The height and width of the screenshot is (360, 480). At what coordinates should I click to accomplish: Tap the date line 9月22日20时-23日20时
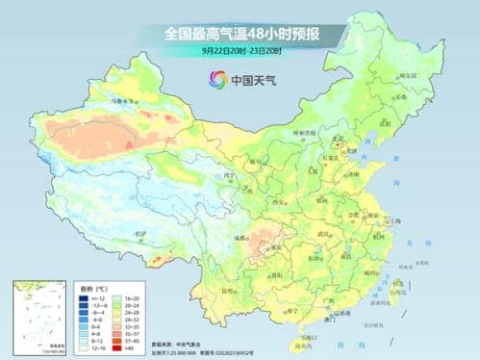click(240, 50)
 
